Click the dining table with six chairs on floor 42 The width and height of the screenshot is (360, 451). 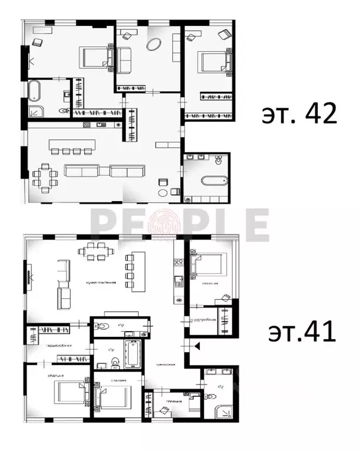pos(45,177)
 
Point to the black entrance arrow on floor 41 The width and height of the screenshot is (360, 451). pos(197,347)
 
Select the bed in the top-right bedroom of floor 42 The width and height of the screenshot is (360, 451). pos(213,61)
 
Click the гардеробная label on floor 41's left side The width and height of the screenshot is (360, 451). pos(59,346)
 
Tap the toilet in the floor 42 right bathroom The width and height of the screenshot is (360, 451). pos(219,161)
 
